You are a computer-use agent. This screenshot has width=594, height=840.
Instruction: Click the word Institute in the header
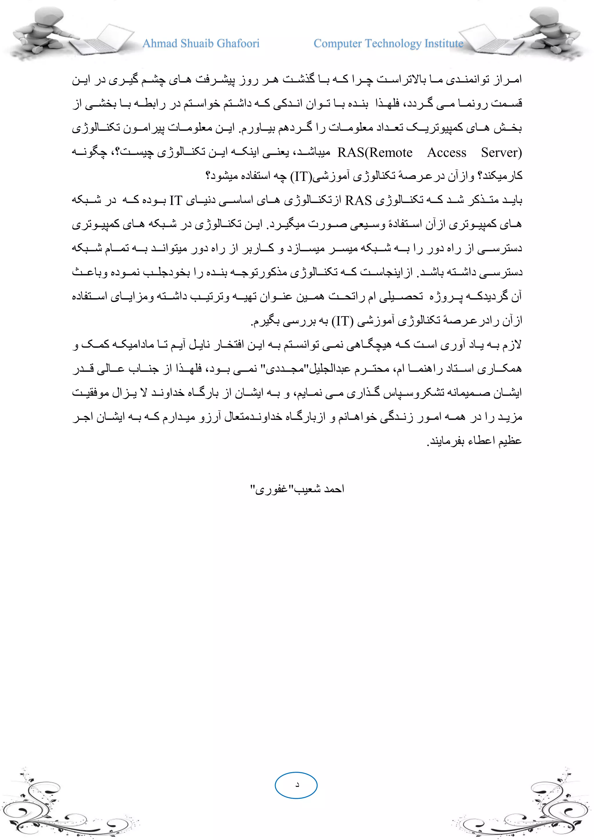(444, 44)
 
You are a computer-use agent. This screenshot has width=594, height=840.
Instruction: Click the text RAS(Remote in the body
(375, 153)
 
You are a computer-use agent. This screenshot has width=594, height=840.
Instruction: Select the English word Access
(447, 153)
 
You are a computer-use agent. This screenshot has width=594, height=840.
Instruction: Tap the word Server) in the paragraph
(501, 153)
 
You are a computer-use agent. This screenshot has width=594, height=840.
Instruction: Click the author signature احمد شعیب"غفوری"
(297, 489)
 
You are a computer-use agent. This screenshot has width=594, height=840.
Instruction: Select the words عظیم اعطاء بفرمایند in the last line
(475, 441)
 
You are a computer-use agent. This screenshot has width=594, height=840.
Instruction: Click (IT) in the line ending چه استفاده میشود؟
(301, 177)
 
